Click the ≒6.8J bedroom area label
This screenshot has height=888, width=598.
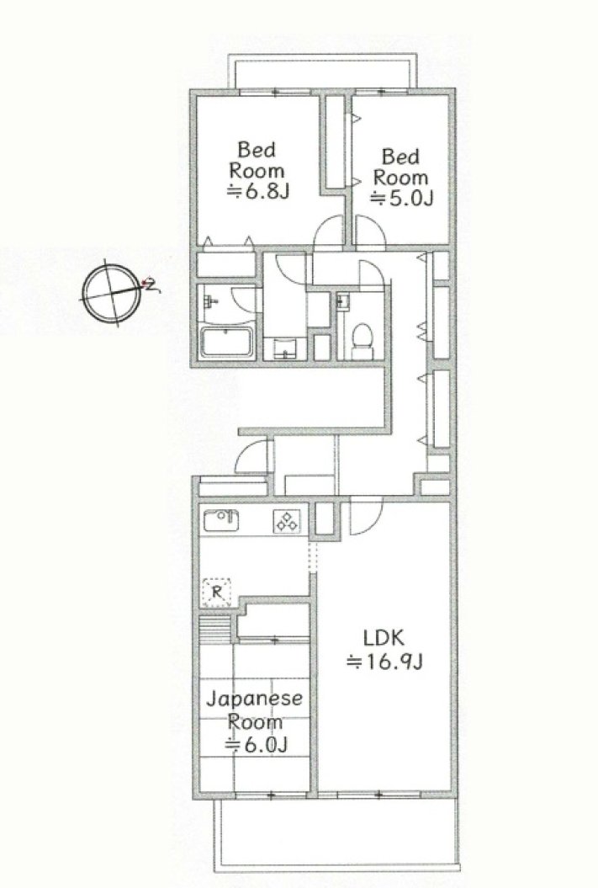(258, 192)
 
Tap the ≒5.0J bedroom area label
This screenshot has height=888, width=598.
(402, 198)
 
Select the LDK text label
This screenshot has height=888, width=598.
(384, 638)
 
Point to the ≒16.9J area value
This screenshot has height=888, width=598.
(384, 662)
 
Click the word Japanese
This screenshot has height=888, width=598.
(254, 699)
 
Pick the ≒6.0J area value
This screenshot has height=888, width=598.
(257, 745)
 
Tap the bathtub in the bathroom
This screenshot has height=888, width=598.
(227, 342)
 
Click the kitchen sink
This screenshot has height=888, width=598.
(221, 520)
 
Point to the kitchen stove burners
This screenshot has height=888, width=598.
(287, 522)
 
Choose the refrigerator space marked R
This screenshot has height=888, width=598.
(216, 593)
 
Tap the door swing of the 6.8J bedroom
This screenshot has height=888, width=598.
(329, 231)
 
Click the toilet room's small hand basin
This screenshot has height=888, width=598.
(342, 301)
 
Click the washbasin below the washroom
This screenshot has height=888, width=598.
(284, 348)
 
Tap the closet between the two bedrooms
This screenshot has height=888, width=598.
(335, 141)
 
